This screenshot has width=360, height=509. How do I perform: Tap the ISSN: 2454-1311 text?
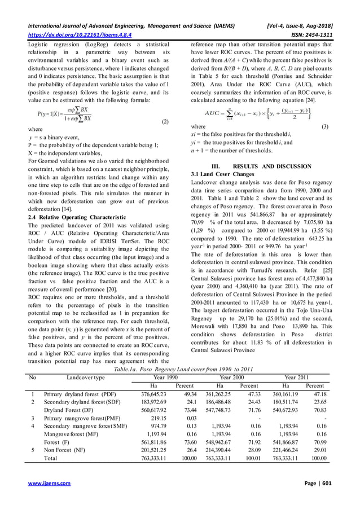[324, 34]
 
